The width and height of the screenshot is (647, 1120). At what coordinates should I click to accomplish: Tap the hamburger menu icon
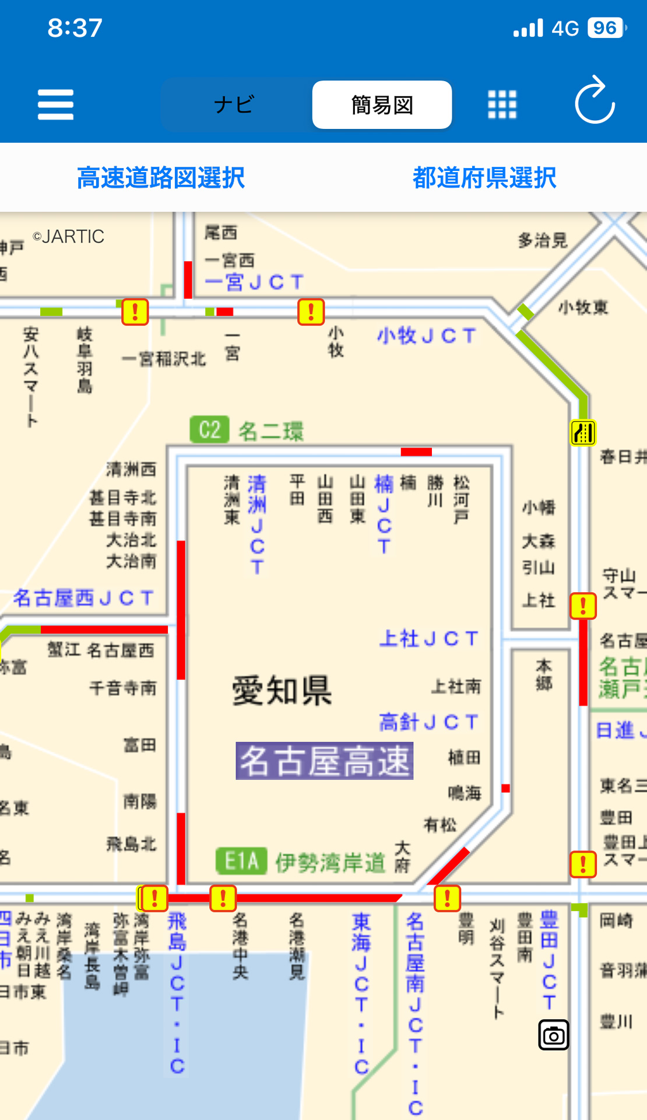pos(55,104)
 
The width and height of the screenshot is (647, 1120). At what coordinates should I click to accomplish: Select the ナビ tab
pos(234,105)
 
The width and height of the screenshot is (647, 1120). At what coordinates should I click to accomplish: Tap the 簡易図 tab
pos(382,105)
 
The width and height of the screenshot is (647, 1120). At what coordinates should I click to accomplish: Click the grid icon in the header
pos(502,105)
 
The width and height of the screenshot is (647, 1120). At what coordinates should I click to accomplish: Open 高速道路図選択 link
pos(161,178)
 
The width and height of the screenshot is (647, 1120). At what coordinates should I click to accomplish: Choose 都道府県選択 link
pos(484,178)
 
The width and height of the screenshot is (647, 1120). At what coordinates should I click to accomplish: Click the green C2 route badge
pos(209,430)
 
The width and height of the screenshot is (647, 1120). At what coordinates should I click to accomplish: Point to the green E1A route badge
pos(241,861)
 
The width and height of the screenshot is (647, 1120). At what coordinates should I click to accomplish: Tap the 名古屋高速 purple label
pos(324,761)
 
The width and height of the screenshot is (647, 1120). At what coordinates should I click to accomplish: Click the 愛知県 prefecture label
pos(282,691)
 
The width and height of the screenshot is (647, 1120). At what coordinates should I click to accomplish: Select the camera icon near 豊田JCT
pos(553,1035)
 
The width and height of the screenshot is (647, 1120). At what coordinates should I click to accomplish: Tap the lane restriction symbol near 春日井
pos(583,433)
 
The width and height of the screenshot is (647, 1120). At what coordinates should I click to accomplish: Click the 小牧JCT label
pos(426,336)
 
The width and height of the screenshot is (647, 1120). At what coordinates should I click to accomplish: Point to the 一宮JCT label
pos(254,283)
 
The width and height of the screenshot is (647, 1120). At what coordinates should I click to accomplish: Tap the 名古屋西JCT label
pos(83,598)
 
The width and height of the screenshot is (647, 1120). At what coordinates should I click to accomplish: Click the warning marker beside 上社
pos(583,606)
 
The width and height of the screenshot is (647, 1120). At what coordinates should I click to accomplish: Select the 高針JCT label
pos(428,722)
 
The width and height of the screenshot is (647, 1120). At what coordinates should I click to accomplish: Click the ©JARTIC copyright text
pos(69,236)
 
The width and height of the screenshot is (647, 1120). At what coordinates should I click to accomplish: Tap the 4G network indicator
pos(565,28)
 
